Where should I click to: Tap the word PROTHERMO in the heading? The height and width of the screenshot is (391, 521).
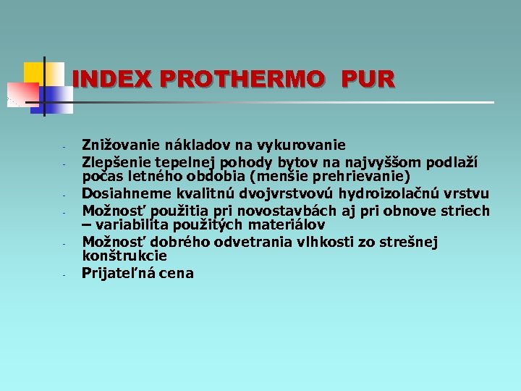click(242, 79)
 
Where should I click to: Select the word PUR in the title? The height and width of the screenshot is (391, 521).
click(369, 79)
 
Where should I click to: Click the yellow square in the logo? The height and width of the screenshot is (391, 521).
click(34, 72)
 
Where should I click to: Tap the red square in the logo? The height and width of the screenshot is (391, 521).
click(21, 93)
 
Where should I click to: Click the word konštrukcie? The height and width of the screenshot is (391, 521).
click(124, 256)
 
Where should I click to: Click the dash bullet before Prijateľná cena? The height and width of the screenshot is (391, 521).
click(64, 275)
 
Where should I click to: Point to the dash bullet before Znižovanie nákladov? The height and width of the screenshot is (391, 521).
click(64, 147)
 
